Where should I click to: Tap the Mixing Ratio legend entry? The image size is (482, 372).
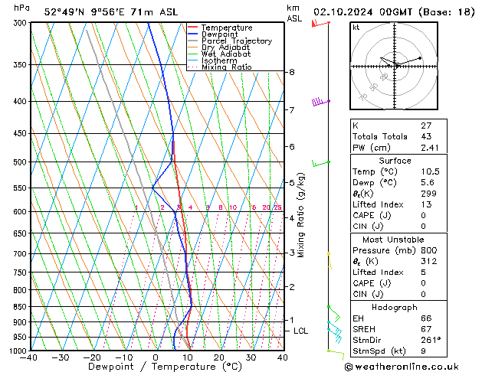point(227,67)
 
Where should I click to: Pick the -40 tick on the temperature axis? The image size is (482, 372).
point(29,357)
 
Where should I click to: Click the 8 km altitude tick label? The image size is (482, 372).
point(291,72)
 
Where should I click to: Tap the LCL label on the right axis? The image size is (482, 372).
point(300,331)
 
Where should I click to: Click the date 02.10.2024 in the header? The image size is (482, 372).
point(342,11)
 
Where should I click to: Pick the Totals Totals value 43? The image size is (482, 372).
point(425,136)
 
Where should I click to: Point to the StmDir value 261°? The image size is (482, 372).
point(431,340)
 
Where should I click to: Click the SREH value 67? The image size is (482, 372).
point(425,328)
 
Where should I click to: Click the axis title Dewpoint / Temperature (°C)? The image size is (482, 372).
point(156,367)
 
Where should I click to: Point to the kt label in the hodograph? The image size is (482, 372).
point(356,28)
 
